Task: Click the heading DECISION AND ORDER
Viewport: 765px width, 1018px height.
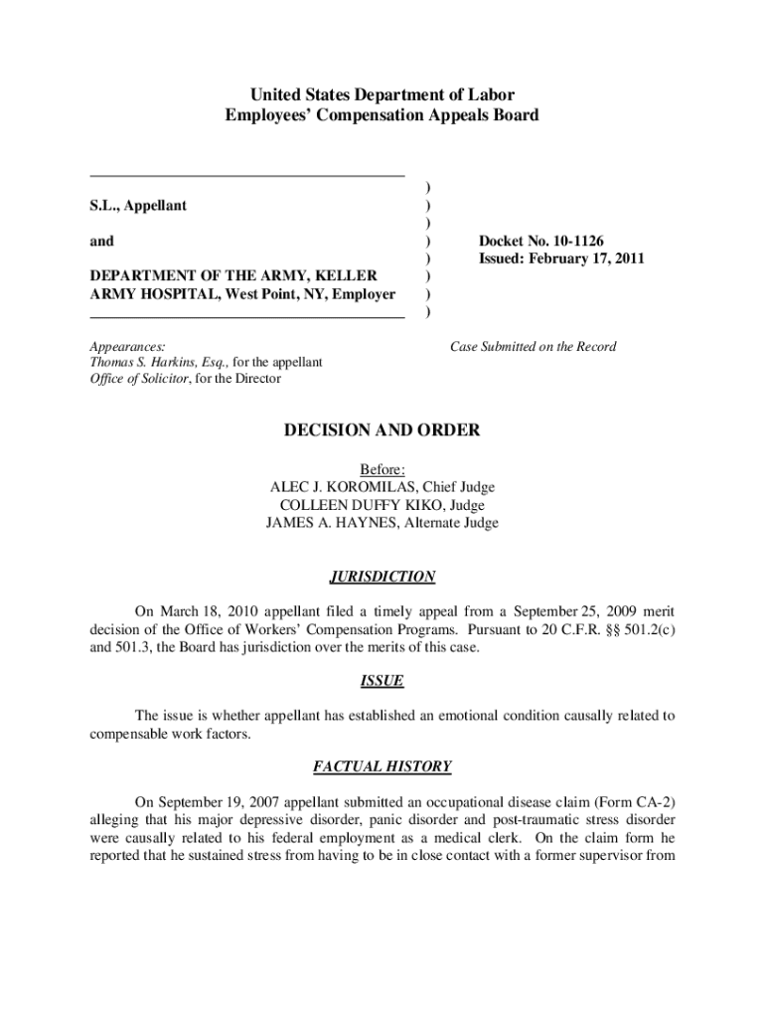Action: (382, 430)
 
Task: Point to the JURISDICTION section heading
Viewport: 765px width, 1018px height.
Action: (382, 577)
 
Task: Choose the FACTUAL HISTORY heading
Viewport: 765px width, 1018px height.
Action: (382, 766)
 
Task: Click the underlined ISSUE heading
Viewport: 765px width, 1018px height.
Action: (382, 681)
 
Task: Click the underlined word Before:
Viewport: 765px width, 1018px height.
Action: (382, 469)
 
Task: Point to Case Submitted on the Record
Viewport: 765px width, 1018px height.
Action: (533, 347)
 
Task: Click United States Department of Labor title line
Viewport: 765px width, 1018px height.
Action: (382, 95)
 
